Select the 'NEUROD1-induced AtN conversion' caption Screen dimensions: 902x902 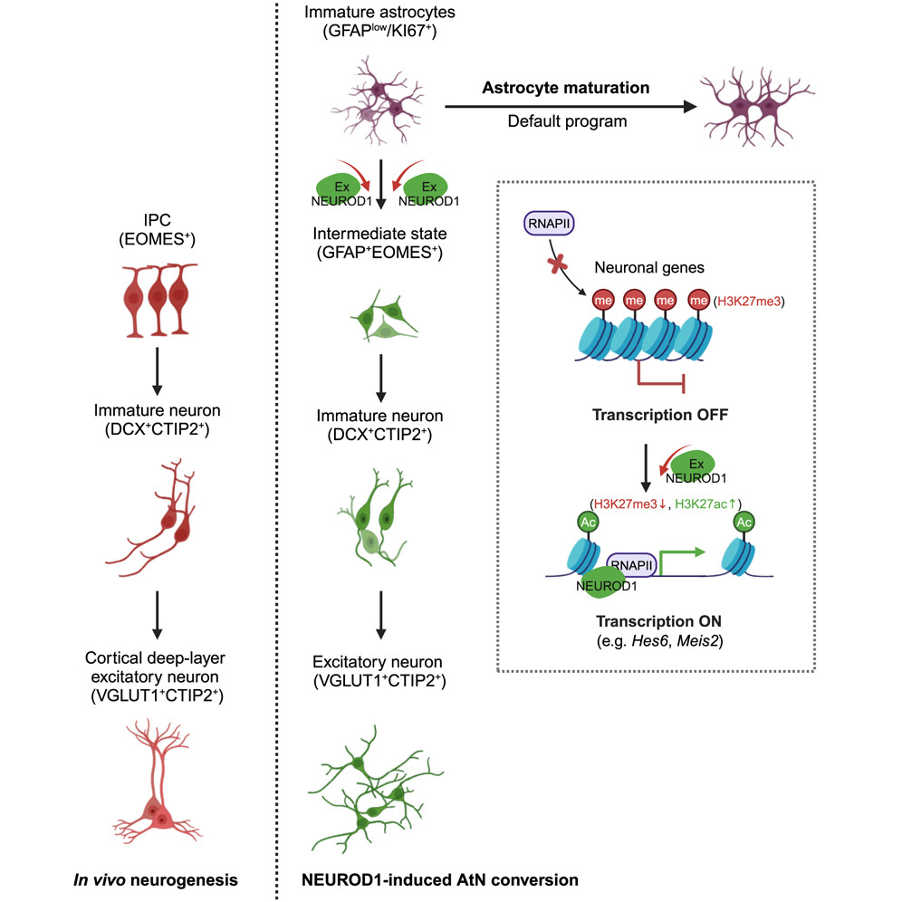[x=441, y=878]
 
